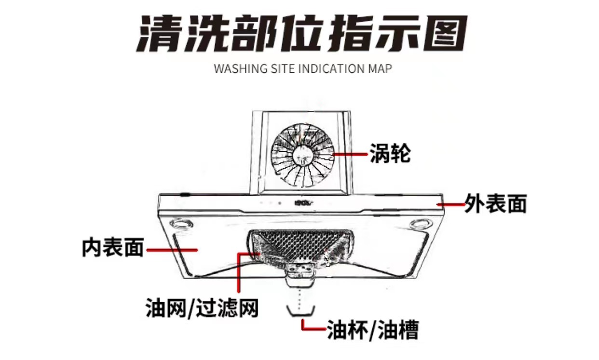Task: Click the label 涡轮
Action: point(390,154)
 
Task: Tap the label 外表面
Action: point(495,204)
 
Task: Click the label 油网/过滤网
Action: point(202,307)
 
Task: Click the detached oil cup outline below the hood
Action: point(301,311)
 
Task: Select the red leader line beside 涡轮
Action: point(351,154)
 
